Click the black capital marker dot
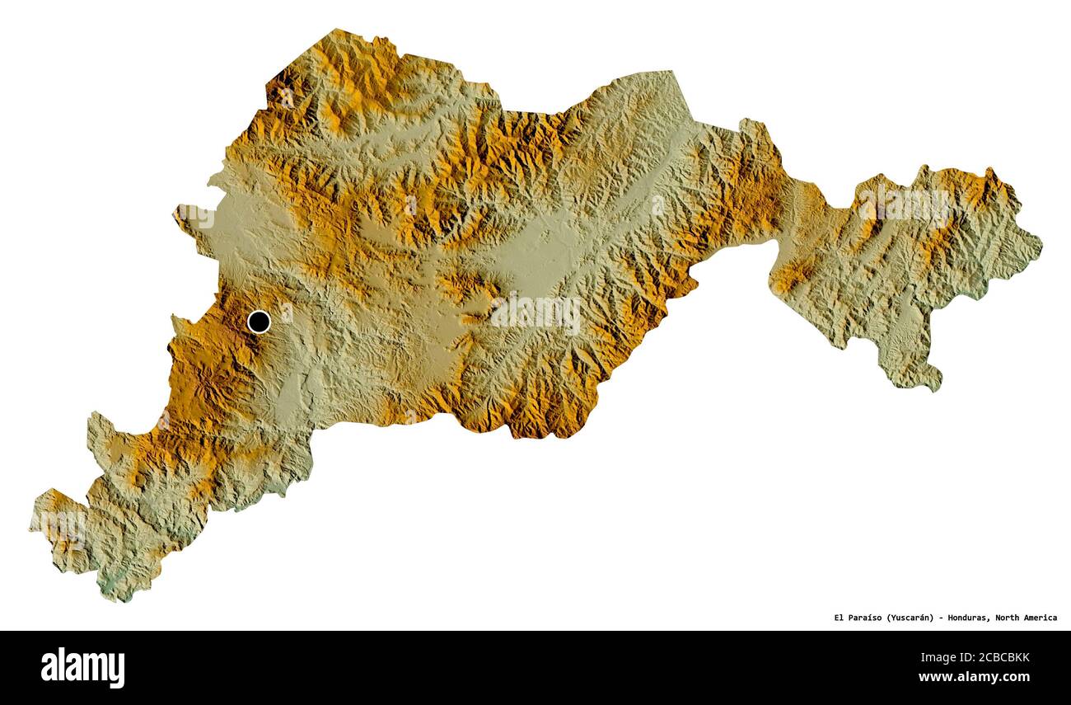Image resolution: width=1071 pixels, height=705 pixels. click(259, 322)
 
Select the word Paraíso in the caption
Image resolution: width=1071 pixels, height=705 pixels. click(866, 618)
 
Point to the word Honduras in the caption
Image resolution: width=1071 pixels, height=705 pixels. click(971, 618)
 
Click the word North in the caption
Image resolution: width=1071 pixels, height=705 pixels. click(1011, 618)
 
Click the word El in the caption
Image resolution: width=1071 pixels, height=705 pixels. click(839, 618)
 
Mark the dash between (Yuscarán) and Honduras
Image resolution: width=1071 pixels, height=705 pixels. click(942, 618)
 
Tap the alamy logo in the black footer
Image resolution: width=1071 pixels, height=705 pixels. click(82, 667)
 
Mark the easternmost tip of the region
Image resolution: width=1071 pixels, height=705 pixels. click(1041, 244)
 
